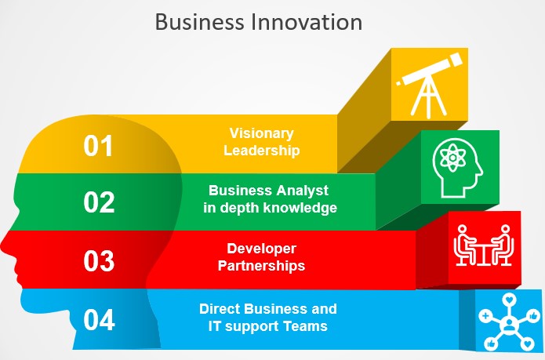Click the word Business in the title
[199, 21]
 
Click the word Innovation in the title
[306, 21]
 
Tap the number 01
[98, 146]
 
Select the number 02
[99, 202]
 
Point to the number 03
[99, 260]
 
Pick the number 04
[99, 320]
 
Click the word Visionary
[262, 134]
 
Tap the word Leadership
[261, 151]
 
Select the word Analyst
[303, 191]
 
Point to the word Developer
[261, 249]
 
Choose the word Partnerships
[261, 266]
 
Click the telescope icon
[430, 85]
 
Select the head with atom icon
[458, 168]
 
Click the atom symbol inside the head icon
[452, 158]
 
